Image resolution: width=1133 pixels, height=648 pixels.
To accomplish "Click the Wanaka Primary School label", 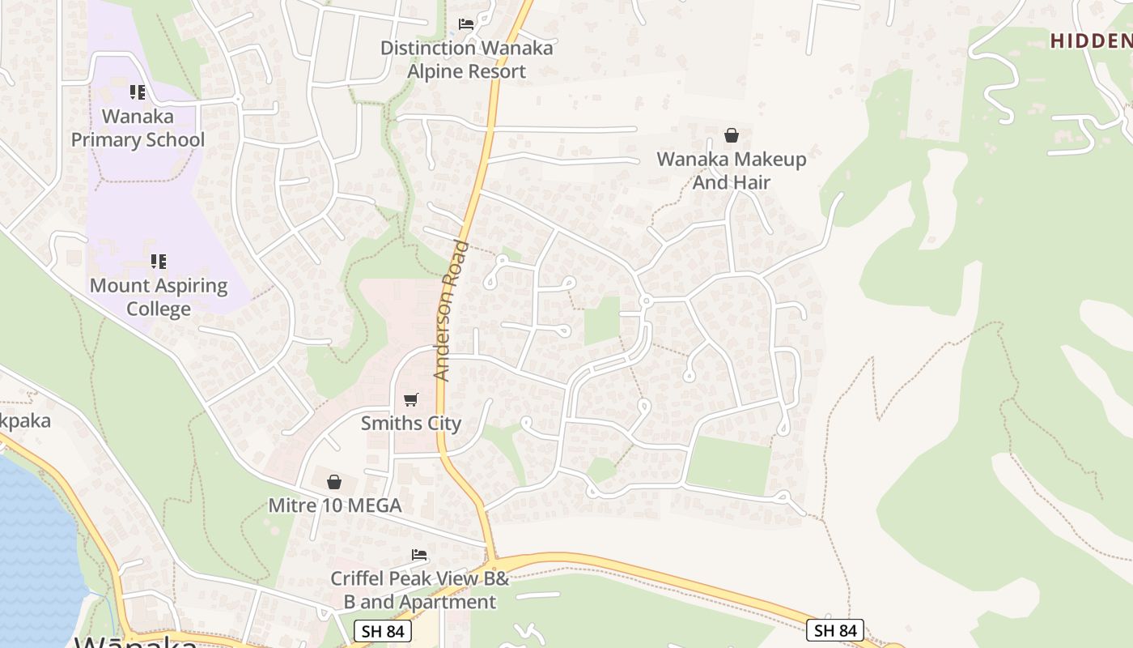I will (x=138, y=128).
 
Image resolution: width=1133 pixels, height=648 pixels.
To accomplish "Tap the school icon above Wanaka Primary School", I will (x=138, y=92).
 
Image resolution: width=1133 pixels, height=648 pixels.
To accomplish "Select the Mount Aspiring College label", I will (x=159, y=297).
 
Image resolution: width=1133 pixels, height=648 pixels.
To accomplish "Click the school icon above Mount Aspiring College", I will (x=159, y=262).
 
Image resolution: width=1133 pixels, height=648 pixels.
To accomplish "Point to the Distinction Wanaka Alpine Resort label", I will (x=467, y=59).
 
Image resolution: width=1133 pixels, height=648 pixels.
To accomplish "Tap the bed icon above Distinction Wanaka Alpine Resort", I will (x=466, y=24).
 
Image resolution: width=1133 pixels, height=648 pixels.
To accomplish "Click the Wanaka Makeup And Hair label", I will (x=732, y=170).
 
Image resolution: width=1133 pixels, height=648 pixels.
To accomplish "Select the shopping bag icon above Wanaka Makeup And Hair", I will (x=732, y=135).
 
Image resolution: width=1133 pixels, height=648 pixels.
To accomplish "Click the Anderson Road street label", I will (x=452, y=311).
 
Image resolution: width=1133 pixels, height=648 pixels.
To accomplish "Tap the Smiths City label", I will (x=411, y=423).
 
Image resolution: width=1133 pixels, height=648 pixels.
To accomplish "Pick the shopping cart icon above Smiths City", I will (x=411, y=399).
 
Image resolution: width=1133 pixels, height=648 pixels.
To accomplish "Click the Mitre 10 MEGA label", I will (x=335, y=505).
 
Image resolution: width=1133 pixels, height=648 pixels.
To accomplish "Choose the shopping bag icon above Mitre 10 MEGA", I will (x=334, y=483).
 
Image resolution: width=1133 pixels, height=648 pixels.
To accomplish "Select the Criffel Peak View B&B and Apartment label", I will (x=420, y=590).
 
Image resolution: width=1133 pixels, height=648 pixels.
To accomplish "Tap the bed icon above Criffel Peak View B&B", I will (x=419, y=555).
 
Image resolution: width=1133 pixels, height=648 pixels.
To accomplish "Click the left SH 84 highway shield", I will (x=383, y=631).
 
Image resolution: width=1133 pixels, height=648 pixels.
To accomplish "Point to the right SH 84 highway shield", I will (x=835, y=630).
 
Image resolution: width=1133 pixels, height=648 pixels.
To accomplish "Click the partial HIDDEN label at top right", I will (x=1091, y=41).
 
